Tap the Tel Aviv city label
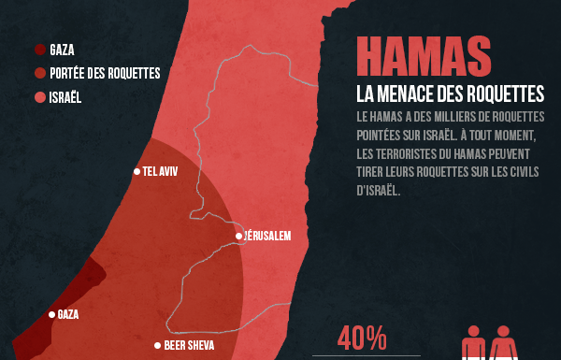(160, 171)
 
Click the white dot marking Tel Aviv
(137, 171)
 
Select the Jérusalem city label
(269, 236)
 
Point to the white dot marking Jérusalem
(239, 236)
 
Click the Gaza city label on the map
(68, 314)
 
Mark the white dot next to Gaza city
(51, 314)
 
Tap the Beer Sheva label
(190, 345)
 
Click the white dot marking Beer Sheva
(158, 345)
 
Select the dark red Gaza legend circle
(40, 50)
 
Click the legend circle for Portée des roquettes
(40, 73)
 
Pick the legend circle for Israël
(40, 96)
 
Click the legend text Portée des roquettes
(105, 73)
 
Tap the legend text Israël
(66, 96)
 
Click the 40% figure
(362, 338)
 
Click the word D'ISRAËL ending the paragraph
(378, 190)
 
